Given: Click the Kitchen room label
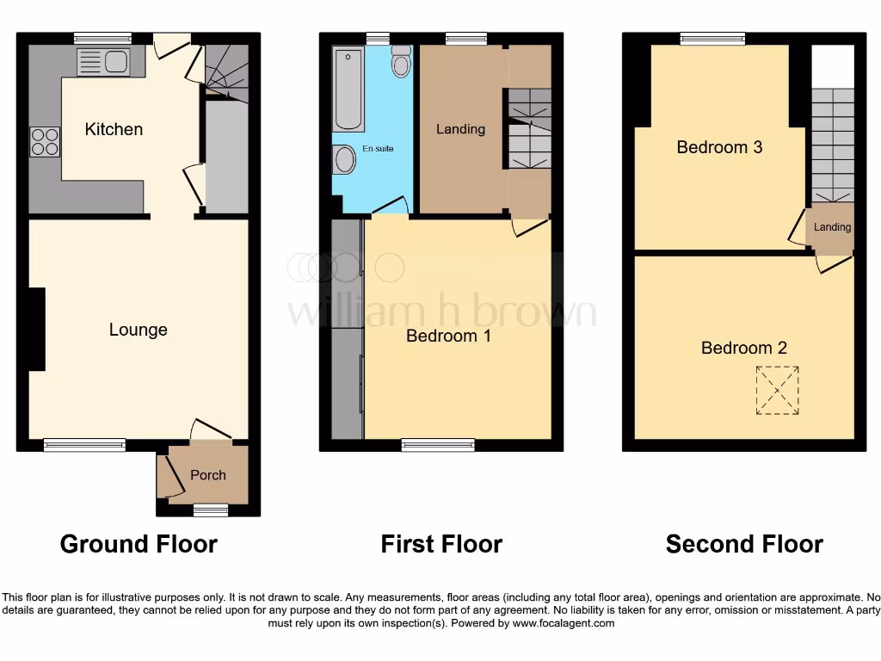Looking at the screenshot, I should click(x=114, y=129).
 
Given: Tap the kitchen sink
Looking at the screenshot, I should click(x=103, y=62).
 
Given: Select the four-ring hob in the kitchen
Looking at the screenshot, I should click(x=46, y=141).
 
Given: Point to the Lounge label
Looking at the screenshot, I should click(x=139, y=330).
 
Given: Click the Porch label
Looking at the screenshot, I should click(x=208, y=475).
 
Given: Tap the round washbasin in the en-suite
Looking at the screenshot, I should click(x=345, y=158).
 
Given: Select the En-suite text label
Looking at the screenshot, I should click(x=377, y=149).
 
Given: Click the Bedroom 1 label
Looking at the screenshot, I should click(x=448, y=336).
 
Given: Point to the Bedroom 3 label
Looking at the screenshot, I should click(x=719, y=147).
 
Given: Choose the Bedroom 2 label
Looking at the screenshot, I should click(x=743, y=348).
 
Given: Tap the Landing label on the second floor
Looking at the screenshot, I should click(x=832, y=227).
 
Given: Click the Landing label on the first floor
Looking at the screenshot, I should click(x=460, y=129).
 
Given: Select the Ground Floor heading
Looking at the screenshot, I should click(x=139, y=544).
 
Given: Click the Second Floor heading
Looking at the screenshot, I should click(x=744, y=544).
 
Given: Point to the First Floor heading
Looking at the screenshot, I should click(x=441, y=544).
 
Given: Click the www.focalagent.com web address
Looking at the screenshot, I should click(x=564, y=623).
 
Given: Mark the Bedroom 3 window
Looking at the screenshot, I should click(x=712, y=38).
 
